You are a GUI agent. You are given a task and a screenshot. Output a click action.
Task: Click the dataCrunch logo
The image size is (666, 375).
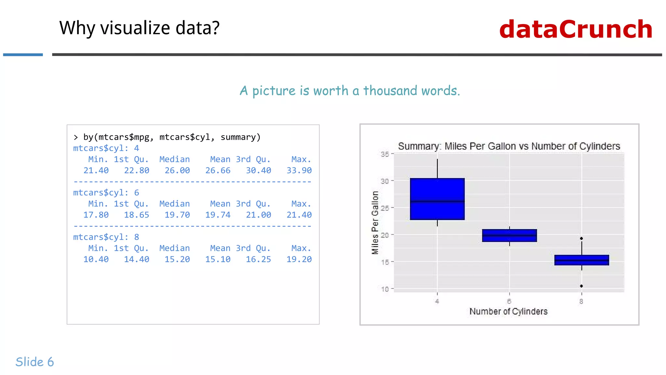tap(576, 29)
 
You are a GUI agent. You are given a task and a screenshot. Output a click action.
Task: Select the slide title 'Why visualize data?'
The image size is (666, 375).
tap(140, 28)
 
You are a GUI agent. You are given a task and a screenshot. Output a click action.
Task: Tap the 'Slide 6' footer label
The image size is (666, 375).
tap(35, 362)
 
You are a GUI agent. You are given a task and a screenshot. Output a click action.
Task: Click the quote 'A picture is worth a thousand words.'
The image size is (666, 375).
tap(350, 90)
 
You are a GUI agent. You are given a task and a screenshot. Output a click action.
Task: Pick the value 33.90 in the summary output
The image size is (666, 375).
tap(299, 170)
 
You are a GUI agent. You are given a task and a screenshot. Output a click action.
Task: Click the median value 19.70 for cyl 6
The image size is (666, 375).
tap(177, 215)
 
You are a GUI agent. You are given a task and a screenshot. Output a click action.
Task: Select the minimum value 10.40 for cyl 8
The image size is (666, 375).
tap(96, 259)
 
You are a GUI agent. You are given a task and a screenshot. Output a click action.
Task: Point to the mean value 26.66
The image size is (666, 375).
tap(218, 170)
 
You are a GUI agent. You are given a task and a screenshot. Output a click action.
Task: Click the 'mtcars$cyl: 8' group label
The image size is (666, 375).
tap(106, 237)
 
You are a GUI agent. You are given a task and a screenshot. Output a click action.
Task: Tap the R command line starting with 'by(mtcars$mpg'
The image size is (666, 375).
tap(172, 137)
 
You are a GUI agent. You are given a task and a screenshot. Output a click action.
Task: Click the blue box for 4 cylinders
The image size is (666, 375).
tap(437, 199)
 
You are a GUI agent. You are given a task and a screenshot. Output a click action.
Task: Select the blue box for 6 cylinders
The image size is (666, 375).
tap(509, 235)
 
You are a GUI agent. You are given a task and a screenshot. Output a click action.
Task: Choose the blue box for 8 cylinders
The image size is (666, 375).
tap(581, 260)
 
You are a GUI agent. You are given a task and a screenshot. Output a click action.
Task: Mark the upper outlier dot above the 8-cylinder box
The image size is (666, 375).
tap(581, 239)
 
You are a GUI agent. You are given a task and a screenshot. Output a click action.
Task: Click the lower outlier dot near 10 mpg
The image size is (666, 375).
tap(581, 286)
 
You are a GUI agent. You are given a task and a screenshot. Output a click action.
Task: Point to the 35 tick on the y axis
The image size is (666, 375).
tap(385, 154)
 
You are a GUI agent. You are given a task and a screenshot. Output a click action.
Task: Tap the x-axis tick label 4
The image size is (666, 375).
tap(437, 301)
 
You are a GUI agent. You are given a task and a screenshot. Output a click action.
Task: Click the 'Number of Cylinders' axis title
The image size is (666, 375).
tap(508, 312)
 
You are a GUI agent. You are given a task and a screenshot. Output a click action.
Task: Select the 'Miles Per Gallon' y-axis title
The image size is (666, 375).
tap(375, 223)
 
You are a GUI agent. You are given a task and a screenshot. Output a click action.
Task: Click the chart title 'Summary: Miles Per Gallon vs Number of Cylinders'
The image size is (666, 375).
tap(509, 146)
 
